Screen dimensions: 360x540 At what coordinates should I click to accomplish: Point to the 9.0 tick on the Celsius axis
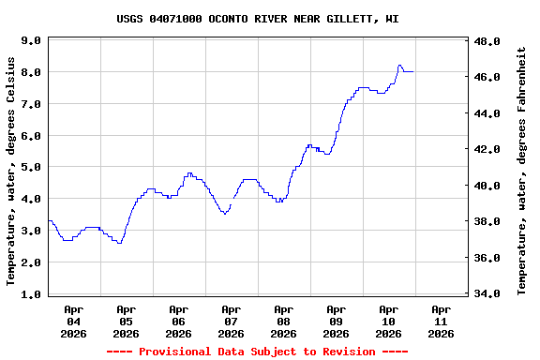coord(30,41)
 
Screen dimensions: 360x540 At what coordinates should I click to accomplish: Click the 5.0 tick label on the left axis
coord(30,168)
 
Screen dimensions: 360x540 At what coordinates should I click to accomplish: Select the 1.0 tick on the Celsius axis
coord(30,294)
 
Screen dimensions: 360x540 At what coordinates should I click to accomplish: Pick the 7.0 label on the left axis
coord(30,104)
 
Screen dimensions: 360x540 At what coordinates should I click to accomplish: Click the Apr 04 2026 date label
coord(73,321)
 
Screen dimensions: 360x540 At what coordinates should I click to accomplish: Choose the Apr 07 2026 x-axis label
coord(231,321)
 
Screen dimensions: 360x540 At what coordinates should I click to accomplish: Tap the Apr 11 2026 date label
coord(441,321)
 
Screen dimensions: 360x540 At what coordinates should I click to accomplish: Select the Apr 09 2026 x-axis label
coord(336,321)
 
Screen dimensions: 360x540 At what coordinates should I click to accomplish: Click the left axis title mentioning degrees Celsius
coord(11,171)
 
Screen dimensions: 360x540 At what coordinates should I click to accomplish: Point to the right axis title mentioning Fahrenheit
coord(521,171)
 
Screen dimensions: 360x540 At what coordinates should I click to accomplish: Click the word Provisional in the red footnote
coord(179,352)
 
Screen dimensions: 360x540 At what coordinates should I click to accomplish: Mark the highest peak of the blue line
coord(400,66)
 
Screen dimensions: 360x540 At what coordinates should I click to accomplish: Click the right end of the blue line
coord(413,71)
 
